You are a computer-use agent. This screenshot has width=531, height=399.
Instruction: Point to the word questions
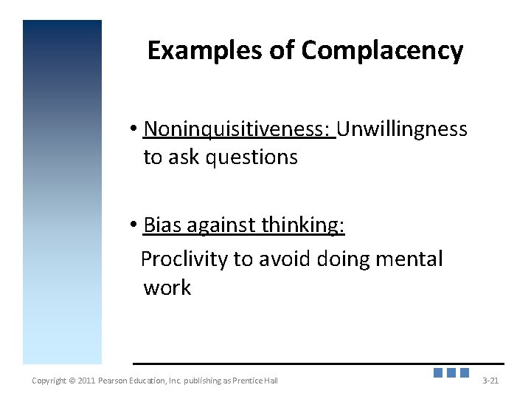(253, 157)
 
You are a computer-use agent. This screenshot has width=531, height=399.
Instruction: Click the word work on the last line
(167, 287)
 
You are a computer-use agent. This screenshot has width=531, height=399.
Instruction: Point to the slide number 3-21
(490, 381)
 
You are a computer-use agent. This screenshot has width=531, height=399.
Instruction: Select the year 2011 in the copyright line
(87, 381)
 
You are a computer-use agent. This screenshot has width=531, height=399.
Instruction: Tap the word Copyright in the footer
(49, 381)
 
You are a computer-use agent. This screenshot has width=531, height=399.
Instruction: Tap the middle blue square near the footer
(451, 373)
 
